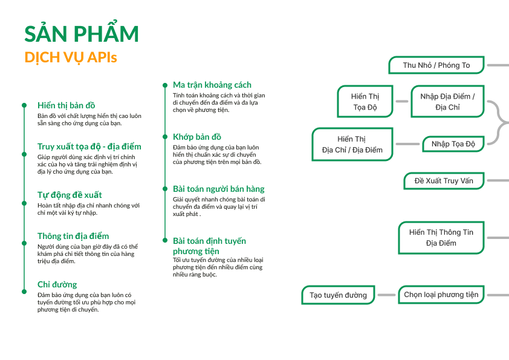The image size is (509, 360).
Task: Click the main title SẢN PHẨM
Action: tap(82, 34)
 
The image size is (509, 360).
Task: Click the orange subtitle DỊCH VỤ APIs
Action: tap(71, 57)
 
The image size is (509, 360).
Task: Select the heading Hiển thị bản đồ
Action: tap(66, 105)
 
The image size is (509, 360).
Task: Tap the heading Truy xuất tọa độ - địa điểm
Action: tap(89, 146)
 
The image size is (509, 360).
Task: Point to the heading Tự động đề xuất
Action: tap(70, 195)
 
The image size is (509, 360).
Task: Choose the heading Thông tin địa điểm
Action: tap(73, 236)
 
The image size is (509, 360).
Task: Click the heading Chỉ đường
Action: tap(57, 284)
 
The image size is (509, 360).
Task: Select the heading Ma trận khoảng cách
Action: tap(212, 85)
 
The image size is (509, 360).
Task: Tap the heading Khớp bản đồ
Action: tap(197, 137)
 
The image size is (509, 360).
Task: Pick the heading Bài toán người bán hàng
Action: tap(219, 189)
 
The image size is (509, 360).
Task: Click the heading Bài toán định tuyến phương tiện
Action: tap(209, 246)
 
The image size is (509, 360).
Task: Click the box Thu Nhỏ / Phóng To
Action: tap(436, 65)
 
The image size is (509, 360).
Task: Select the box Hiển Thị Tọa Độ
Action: tap(365, 102)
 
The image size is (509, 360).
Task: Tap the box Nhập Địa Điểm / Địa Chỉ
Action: tap(448, 102)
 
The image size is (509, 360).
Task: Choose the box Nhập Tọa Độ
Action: tap(453, 144)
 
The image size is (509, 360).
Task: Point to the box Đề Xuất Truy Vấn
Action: tap(444, 181)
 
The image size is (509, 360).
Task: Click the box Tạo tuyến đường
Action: tap(339, 295)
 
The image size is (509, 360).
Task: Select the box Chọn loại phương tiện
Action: tap(441, 295)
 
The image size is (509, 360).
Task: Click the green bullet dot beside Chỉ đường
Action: tap(24, 291)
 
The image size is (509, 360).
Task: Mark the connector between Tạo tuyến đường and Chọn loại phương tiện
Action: tap(386, 295)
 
